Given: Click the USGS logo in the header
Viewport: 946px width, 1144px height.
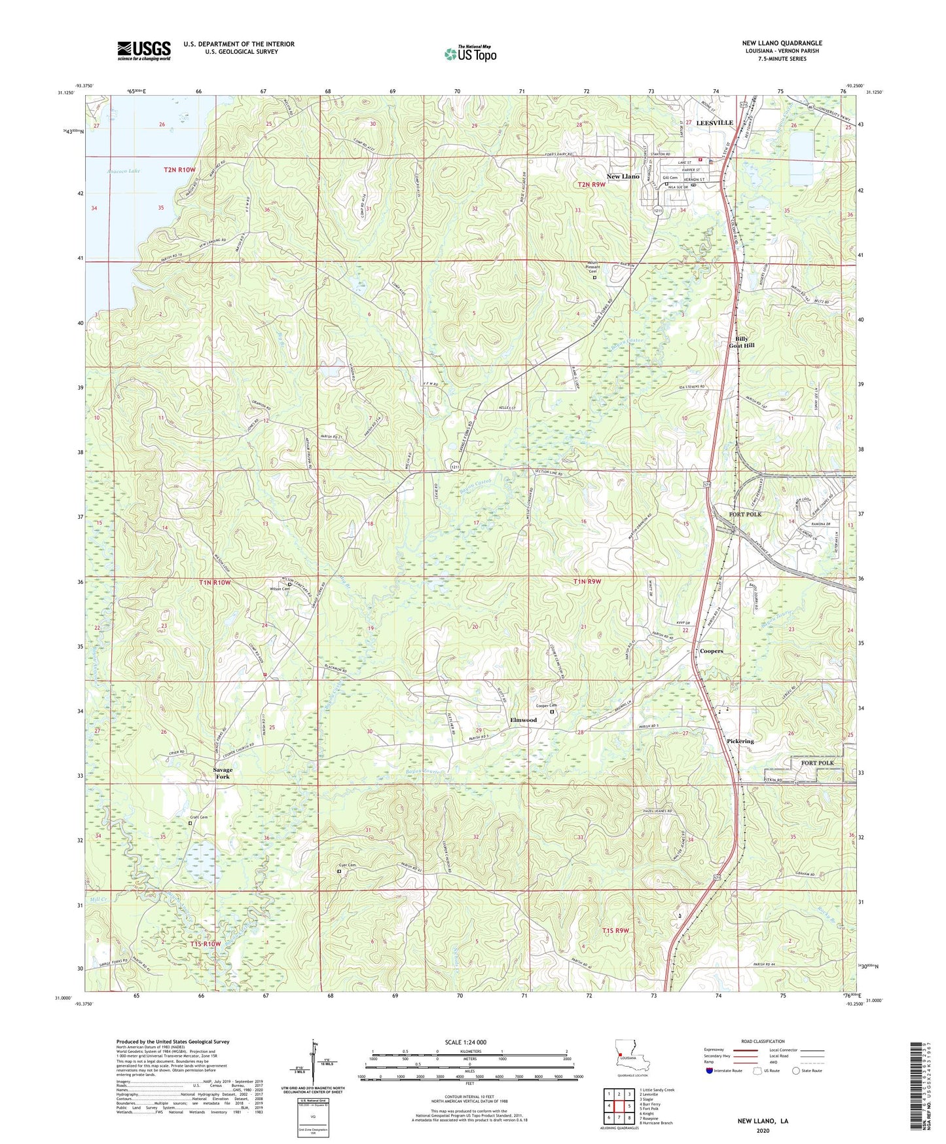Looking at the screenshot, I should pyautogui.click(x=144, y=50).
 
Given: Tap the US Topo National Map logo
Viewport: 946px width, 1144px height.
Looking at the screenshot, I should pyautogui.click(x=470, y=54).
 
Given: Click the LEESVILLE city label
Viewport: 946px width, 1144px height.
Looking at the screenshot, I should pyautogui.click(x=714, y=123).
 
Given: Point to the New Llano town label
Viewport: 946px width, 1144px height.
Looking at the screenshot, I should pyautogui.click(x=623, y=177).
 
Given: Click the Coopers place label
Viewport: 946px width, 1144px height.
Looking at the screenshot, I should pyautogui.click(x=711, y=651).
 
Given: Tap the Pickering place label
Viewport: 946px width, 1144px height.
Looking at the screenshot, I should pyautogui.click(x=740, y=741).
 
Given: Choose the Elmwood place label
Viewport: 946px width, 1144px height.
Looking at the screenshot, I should pyautogui.click(x=523, y=720).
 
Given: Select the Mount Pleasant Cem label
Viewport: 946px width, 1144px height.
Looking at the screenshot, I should pyautogui.click(x=592, y=269).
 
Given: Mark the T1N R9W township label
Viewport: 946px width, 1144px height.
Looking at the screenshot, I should pyautogui.click(x=587, y=581).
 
